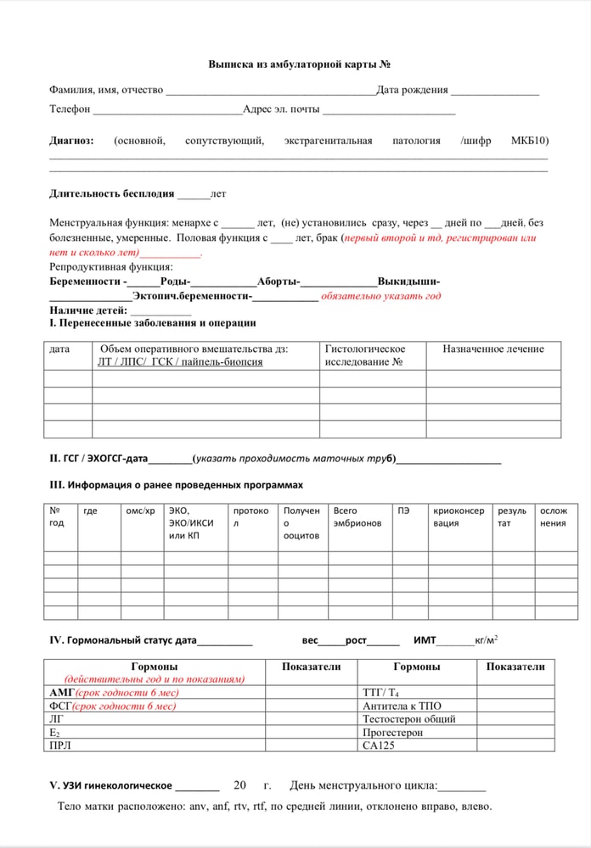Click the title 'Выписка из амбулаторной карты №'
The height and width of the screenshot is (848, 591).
[299, 64]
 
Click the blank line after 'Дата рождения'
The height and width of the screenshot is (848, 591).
[494, 92]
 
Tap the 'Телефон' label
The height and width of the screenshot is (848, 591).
[70, 109]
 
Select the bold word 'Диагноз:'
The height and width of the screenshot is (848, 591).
[71, 141]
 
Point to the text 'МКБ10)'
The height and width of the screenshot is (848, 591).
[529, 141]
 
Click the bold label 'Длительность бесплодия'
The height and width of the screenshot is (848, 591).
[112, 193]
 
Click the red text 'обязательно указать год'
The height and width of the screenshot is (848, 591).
[380, 296]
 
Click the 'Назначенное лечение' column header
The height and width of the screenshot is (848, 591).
[492, 349]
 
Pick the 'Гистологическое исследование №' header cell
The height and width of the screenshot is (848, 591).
[365, 355]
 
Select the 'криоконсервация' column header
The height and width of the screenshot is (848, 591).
[459, 516]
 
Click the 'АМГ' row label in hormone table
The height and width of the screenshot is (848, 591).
[63, 693]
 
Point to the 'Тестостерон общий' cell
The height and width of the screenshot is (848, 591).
[408, 719]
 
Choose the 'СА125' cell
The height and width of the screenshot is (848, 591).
[380, 745]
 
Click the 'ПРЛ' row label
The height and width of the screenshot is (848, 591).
[61, 745]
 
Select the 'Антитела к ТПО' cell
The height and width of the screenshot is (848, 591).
[402, 706]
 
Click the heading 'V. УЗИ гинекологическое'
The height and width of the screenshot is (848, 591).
[110, 785]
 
